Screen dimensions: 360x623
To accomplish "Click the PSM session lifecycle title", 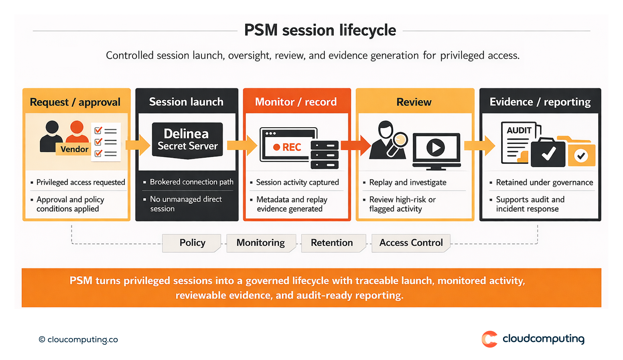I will pyautogui.click(x=320, y=31).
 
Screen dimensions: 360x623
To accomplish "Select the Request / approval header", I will pyautogui.click(x=75, y=102).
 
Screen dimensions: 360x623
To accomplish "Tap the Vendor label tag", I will pyautogui.click(x=74, y=149).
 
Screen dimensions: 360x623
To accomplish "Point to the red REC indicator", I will pyautogui.click(x=287, y=147).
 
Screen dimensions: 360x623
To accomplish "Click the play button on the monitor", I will pyautogui.click(x=436, y=147).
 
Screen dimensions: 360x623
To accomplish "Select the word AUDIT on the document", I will pyautogui.click(x=519, y=130).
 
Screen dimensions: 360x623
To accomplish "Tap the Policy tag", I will pyautogui.click(x=192, y=243).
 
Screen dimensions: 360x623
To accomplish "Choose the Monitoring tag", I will pyautogui.click(x=260, y=243).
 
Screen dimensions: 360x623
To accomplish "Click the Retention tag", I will pyautogui.click(x=332, y=243).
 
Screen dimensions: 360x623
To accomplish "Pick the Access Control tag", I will pyautogui.click(x=411, y=243).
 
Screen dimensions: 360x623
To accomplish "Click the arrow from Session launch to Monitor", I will pyautogui.click(x=242, y=145).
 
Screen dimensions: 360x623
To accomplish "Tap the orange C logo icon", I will pyautogui.click(x=489, y=339).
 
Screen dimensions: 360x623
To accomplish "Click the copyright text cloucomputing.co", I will pyautogui.click(x=79, y=340).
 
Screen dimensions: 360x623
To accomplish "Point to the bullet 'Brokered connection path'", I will pyautogui.click(x=191, y=182).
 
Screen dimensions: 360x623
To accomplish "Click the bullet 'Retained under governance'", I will pyautogui.click(x=544, y=182).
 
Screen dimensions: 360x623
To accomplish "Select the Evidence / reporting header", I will pyautogui.click(x=540, y=102).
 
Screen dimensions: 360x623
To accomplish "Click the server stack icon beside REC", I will pyautogui.click(x=325, y=155).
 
